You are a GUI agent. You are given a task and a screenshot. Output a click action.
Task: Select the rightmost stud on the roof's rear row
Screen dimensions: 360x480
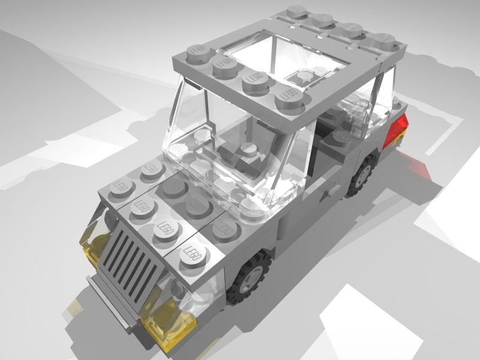tap(385, 38)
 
